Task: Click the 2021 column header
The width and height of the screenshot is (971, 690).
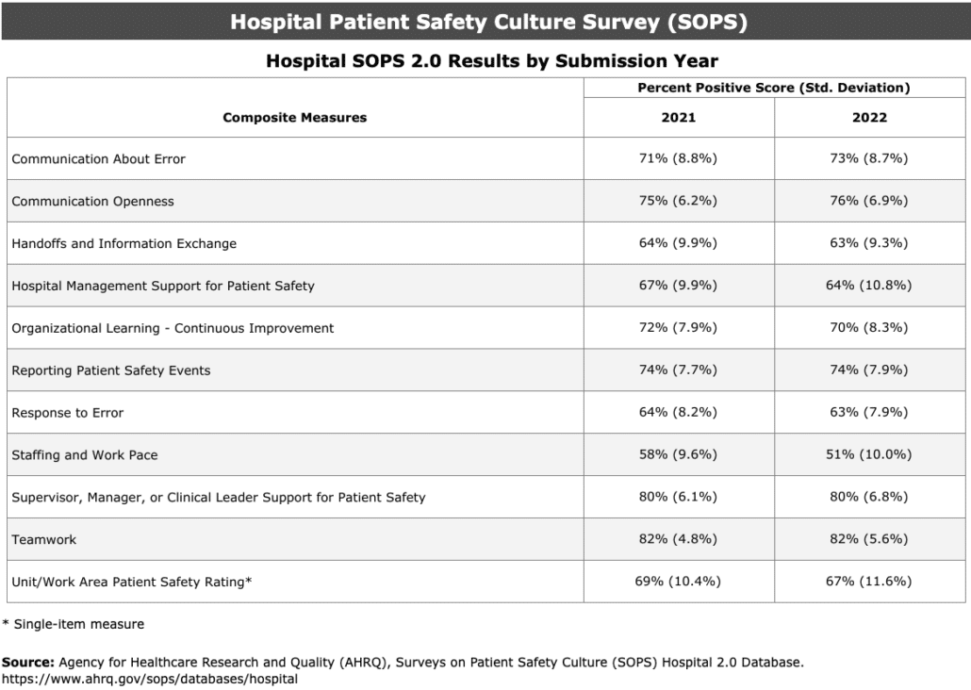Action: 678,118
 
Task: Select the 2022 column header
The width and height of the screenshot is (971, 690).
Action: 869,118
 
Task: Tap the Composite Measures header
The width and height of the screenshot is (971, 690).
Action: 294,118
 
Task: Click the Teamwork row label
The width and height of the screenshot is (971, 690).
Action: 44,540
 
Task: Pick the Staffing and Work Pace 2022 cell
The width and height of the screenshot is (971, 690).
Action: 869,455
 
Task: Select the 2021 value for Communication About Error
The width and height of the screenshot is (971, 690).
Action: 678,158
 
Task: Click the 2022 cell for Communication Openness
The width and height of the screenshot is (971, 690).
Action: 869,201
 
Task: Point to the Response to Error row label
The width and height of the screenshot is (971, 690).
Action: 68,413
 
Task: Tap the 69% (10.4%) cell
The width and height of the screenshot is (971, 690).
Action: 678,582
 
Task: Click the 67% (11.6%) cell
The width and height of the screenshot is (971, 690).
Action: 869,582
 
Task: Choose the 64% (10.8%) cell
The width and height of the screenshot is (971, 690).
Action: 869,286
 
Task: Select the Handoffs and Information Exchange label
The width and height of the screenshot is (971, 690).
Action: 123,243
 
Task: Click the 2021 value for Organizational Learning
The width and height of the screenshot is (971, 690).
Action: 678,328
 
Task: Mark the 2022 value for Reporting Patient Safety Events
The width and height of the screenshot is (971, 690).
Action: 869,370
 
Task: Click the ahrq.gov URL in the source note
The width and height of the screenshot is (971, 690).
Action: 150,679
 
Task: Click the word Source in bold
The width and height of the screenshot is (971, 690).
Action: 25,663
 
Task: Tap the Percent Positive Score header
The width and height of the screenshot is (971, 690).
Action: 773,88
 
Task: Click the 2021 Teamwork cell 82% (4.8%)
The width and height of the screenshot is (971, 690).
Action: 678,540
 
